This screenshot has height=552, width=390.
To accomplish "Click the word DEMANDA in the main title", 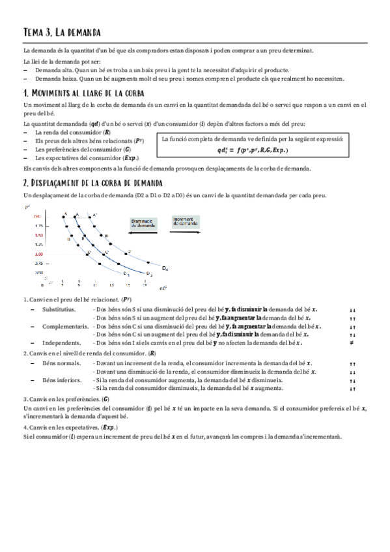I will [x=82, y=32].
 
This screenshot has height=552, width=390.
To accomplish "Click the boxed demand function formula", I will [x=254, y=145].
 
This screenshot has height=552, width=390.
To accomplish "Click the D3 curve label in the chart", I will [x=149, y=273].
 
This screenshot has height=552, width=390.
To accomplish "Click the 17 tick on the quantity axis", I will [x=145, y=285].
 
